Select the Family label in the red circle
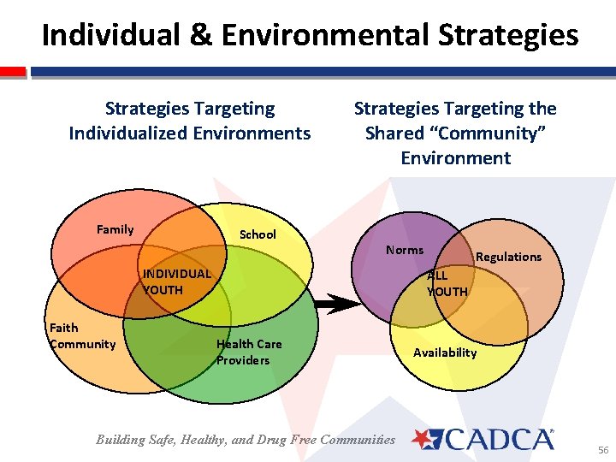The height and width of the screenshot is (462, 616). (115, 229)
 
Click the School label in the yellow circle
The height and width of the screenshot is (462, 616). (258, 234)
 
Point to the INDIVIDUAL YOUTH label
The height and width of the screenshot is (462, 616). (175, 281)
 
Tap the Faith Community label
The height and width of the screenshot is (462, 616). (82, 336)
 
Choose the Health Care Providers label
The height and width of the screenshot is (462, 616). (249, 352)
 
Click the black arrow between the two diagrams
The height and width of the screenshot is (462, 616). (337, 303)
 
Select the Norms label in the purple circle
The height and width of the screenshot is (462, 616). (404, 250)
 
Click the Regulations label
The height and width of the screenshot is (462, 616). (508, 257)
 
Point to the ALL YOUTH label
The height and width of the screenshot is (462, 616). (447, 283)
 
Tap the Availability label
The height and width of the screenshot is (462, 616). (445, 352)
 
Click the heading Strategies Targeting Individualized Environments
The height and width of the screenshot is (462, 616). (190, 121)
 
